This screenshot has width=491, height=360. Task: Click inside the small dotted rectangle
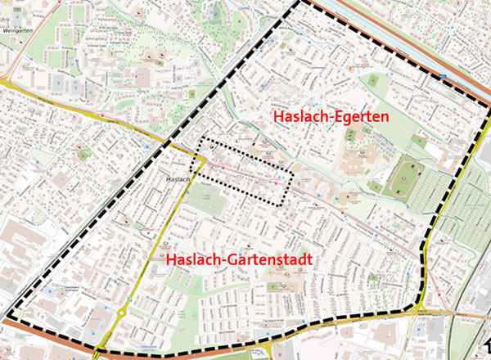coord(246,170)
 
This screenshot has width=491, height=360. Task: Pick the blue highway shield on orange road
coord(444,77)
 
